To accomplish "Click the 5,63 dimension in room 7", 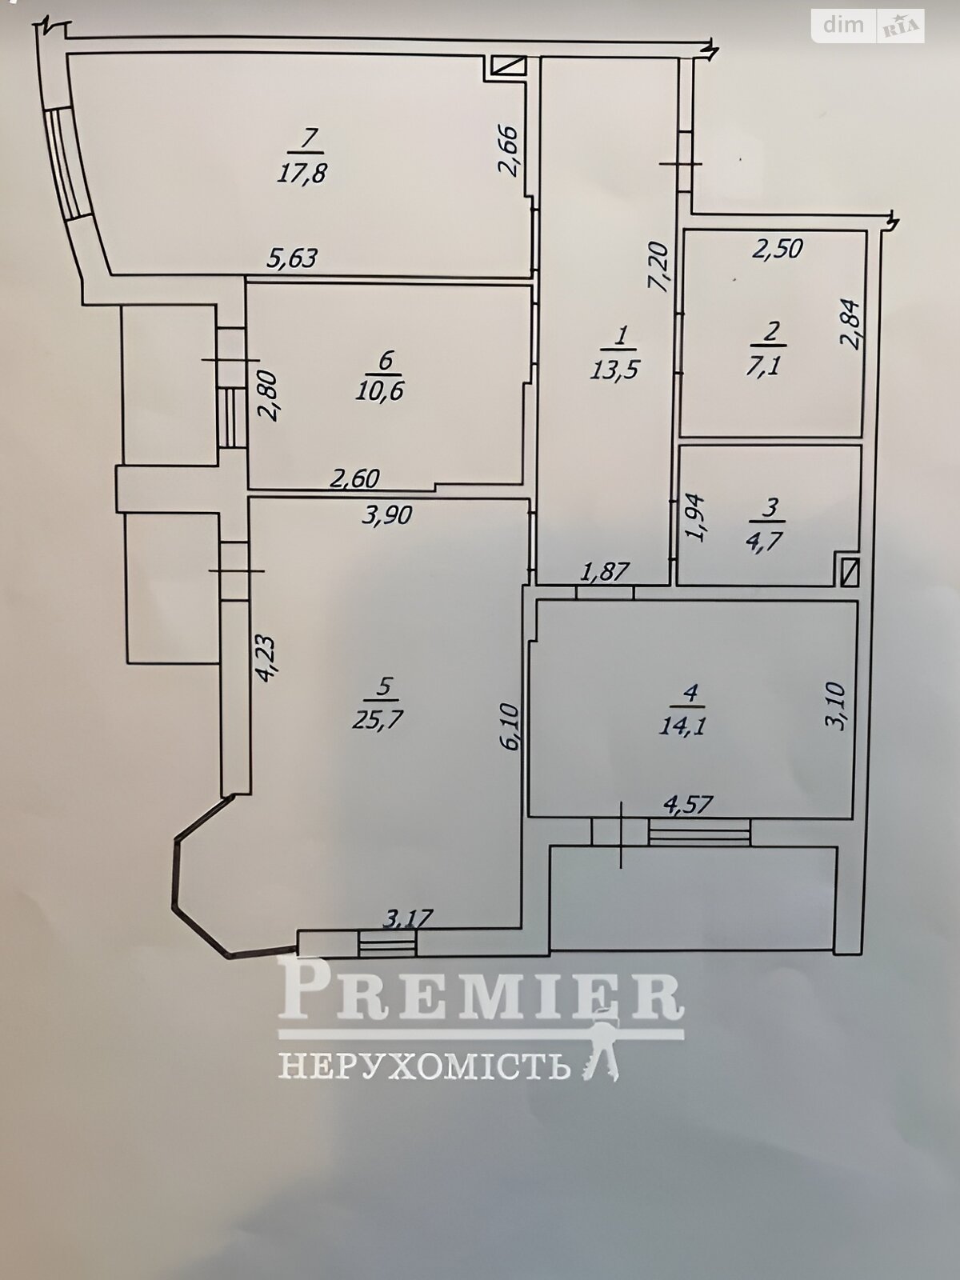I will (x=293, y=258).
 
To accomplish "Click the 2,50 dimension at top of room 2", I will (x=777, y=249).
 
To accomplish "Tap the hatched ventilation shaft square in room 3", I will (x=849, y=571).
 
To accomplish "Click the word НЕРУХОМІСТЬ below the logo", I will (x=423, y=1066).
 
